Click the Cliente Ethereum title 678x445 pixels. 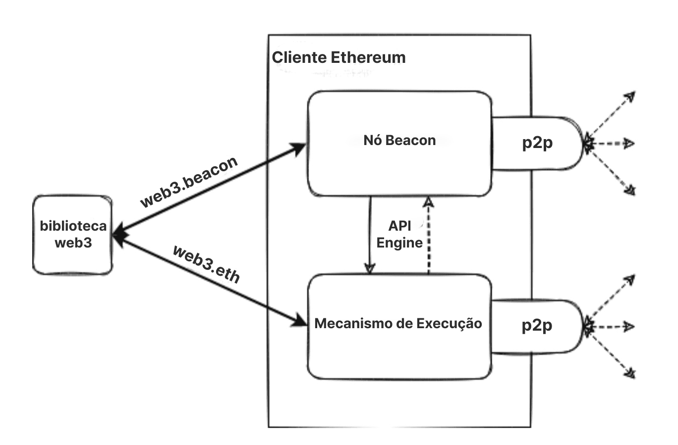pos(339,57)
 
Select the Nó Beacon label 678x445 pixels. pos(399,140)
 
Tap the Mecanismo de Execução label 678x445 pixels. pos(398,323)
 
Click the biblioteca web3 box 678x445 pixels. pos(73,235)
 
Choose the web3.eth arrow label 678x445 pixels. pos(206,264)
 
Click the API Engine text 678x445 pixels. pos(399,234)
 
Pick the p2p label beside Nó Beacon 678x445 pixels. pos(537,143)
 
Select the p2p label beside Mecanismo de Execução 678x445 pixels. pos(537,325)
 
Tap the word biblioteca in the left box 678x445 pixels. pos(73,226)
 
